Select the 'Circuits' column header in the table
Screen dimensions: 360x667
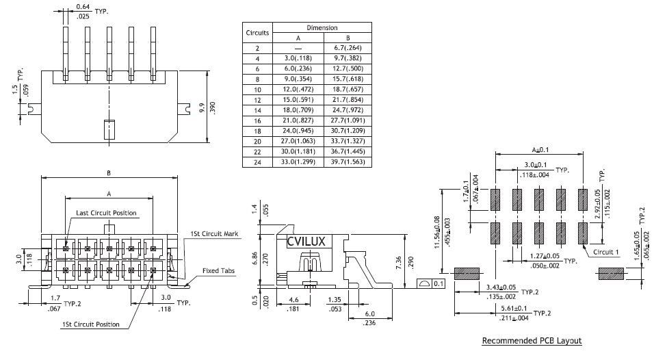[257, 32]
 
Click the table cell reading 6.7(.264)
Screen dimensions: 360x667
[348, 48]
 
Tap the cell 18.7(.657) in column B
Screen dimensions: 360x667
[348, 90]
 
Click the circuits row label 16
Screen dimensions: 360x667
[257, 120]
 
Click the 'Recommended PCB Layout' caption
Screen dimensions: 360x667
[532, 341]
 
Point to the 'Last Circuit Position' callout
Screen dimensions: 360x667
[106, 213]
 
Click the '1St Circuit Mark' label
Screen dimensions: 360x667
[214, 234]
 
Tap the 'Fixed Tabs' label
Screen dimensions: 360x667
[219, 270]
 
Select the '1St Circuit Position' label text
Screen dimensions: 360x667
[91, 324]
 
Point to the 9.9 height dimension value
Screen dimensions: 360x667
[201, 108]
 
